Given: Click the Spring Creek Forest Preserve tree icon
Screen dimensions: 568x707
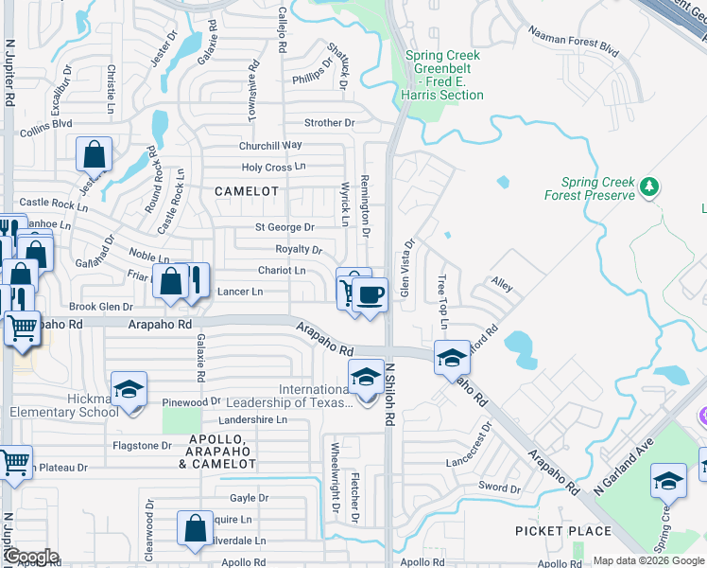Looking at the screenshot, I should click(x=649, y=186).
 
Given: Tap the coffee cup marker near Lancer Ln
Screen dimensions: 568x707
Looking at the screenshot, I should click(x=371, y=294).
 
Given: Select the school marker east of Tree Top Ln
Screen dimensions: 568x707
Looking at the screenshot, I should click(x=453, y=359).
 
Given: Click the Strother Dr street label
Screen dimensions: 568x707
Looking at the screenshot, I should click(x=329, y=123).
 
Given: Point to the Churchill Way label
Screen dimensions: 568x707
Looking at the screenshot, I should click(x=270, y=145).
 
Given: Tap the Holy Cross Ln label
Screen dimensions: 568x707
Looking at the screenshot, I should click(x=274, y=167).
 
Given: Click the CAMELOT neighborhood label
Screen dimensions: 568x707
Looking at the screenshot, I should click(x=247, y=191).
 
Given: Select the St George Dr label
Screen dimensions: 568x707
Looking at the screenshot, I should click(x=285, y=227).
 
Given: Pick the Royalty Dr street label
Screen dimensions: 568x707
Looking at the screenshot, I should click(x=299, y=249).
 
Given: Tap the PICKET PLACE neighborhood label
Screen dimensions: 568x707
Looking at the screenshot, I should click(x=563, y=531).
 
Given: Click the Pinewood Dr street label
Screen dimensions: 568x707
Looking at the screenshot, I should click(x=191, y=402).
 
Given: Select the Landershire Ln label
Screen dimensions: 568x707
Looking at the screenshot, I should click(x=252, y=419).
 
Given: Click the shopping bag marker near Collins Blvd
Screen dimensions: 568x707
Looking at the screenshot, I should click(x=95, y=154).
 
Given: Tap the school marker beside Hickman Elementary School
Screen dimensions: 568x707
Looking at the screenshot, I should click(x=129, y=390).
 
